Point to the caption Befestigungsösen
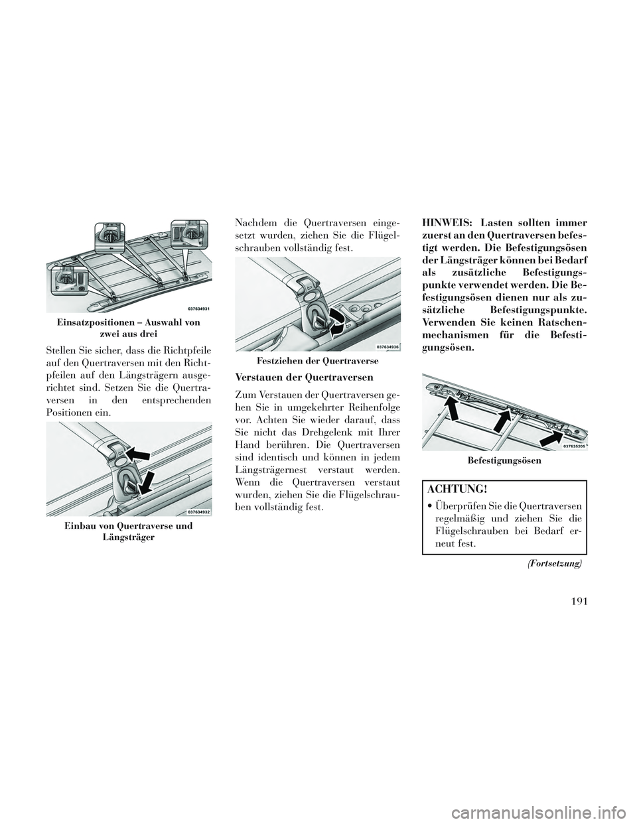504,460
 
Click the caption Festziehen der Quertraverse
316,361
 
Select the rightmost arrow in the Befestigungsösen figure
553,437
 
